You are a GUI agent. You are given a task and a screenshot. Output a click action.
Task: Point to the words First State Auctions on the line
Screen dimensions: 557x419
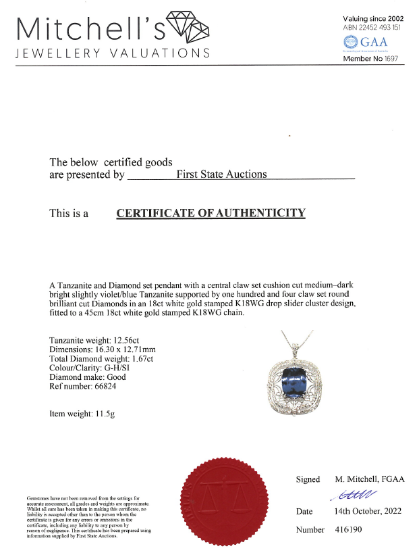221,174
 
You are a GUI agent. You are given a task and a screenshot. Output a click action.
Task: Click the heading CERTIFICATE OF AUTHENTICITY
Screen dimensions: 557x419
211,214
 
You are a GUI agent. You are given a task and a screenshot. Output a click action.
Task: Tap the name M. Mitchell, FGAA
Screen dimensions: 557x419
370,479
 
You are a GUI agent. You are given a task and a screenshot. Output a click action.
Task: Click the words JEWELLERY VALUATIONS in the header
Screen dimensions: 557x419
111,53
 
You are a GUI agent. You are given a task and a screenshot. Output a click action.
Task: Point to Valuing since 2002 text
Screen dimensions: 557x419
372,18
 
